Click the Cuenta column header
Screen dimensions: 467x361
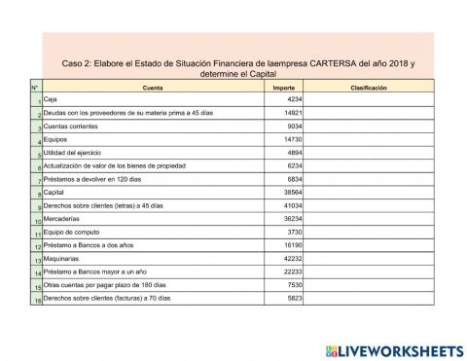(153, 88)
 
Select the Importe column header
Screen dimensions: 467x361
(283, 88)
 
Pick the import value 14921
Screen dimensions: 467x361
(292, 113)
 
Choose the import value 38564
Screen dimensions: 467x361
(292, 193)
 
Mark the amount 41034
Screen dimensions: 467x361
(292, 206)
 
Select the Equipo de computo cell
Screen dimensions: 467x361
(73, 233)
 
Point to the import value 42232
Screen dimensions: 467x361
(292, 259)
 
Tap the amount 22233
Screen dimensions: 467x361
(292, 272)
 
